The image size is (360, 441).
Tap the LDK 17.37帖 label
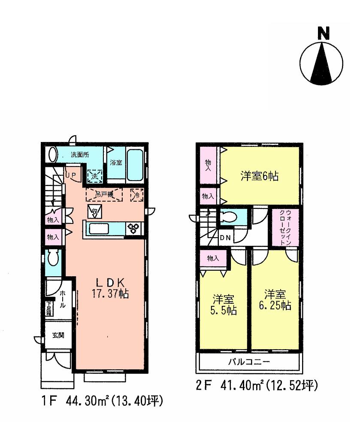tap(110, 288)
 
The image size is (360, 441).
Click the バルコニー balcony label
tap(248, 362)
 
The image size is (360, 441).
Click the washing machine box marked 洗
tap(94, 175)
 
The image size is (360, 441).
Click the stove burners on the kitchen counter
tap(132, 229)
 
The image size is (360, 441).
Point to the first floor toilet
tap(53, 260)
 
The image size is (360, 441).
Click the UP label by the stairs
tap(70, 175)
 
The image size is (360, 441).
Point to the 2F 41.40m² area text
tap(257, 386)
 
